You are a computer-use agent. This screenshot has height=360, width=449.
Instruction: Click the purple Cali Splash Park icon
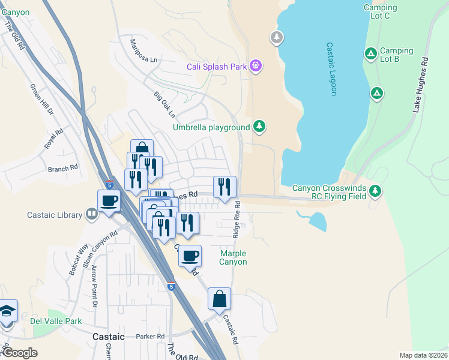(x=256, y=66)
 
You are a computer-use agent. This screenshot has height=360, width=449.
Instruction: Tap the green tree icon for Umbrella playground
(x=259, y=127)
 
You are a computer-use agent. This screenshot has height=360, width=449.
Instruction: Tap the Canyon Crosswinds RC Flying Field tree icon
(x=376, y=191)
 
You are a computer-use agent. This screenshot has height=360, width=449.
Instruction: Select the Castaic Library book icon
(x=91, y=214)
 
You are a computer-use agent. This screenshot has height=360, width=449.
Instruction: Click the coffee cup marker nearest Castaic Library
(x=109, y=200)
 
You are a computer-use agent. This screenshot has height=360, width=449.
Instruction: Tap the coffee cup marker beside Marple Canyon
(x=190, y=256)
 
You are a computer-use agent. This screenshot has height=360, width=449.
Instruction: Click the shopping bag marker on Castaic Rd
(x=220, y=298)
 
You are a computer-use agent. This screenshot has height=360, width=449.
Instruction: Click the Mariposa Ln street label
(x=144, y=51)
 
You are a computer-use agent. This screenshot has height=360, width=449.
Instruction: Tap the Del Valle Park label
(x=56, y=321)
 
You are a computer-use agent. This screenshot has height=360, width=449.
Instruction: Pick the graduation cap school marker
(x=7, y=311)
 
